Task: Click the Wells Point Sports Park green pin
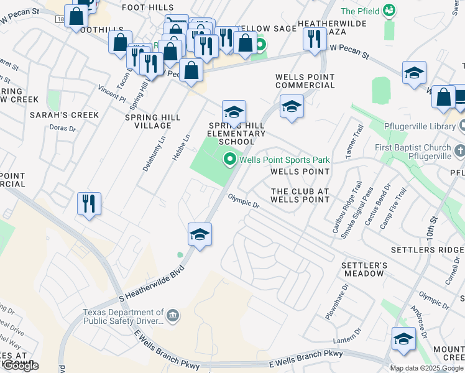(229, 160)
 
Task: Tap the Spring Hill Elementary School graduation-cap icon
(234, 113)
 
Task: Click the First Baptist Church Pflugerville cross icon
(459, 151)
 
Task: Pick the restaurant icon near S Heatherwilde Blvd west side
(89, 204)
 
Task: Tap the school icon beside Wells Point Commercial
(291, 107)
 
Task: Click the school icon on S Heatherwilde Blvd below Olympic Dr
(200, 234)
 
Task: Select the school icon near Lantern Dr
(403, 339)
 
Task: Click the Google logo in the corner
(21, 366)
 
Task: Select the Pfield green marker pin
(389, 10)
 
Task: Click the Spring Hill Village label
(153, 121)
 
